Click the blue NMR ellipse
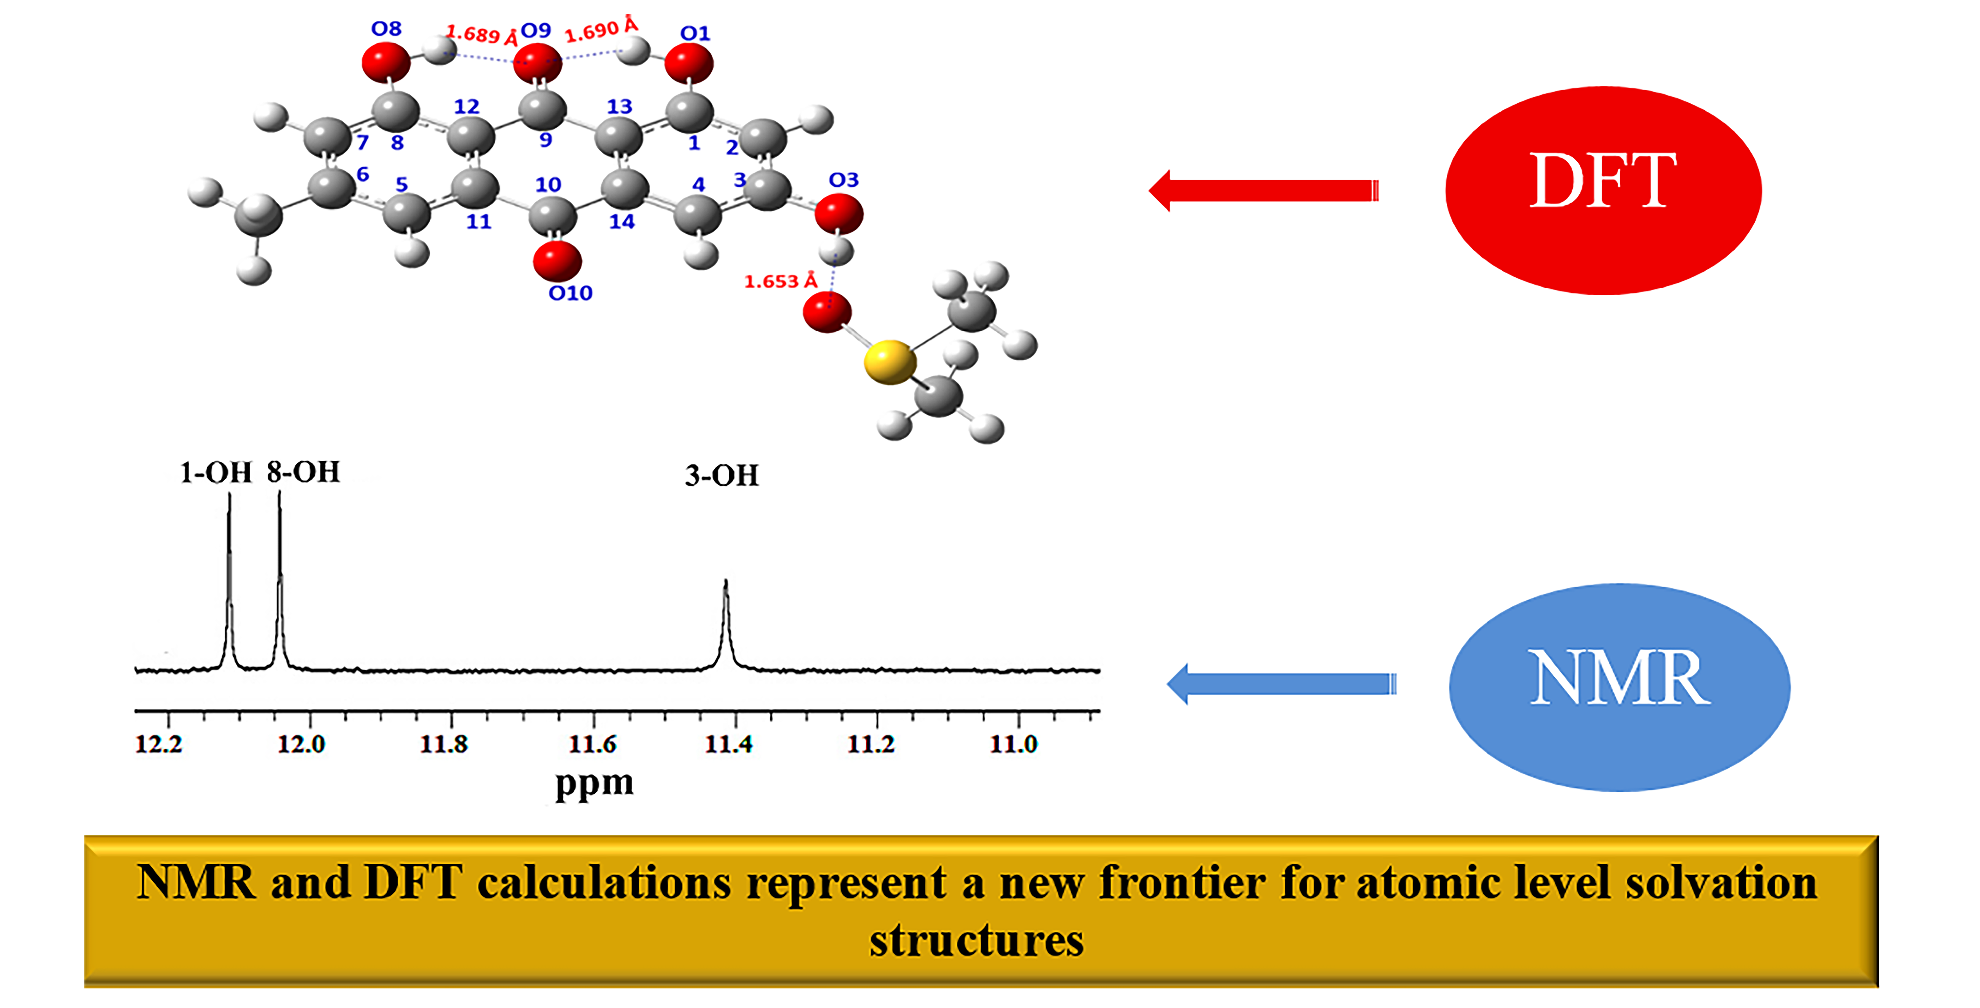coord(1619,686)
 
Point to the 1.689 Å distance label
coord(482,35)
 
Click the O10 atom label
coord(570,293)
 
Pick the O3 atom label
coord(843,180)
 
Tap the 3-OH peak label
coord(721,475)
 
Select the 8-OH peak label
coord(303,472)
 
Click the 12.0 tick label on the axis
coord(301,744)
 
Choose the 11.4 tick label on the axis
coord(729,744)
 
